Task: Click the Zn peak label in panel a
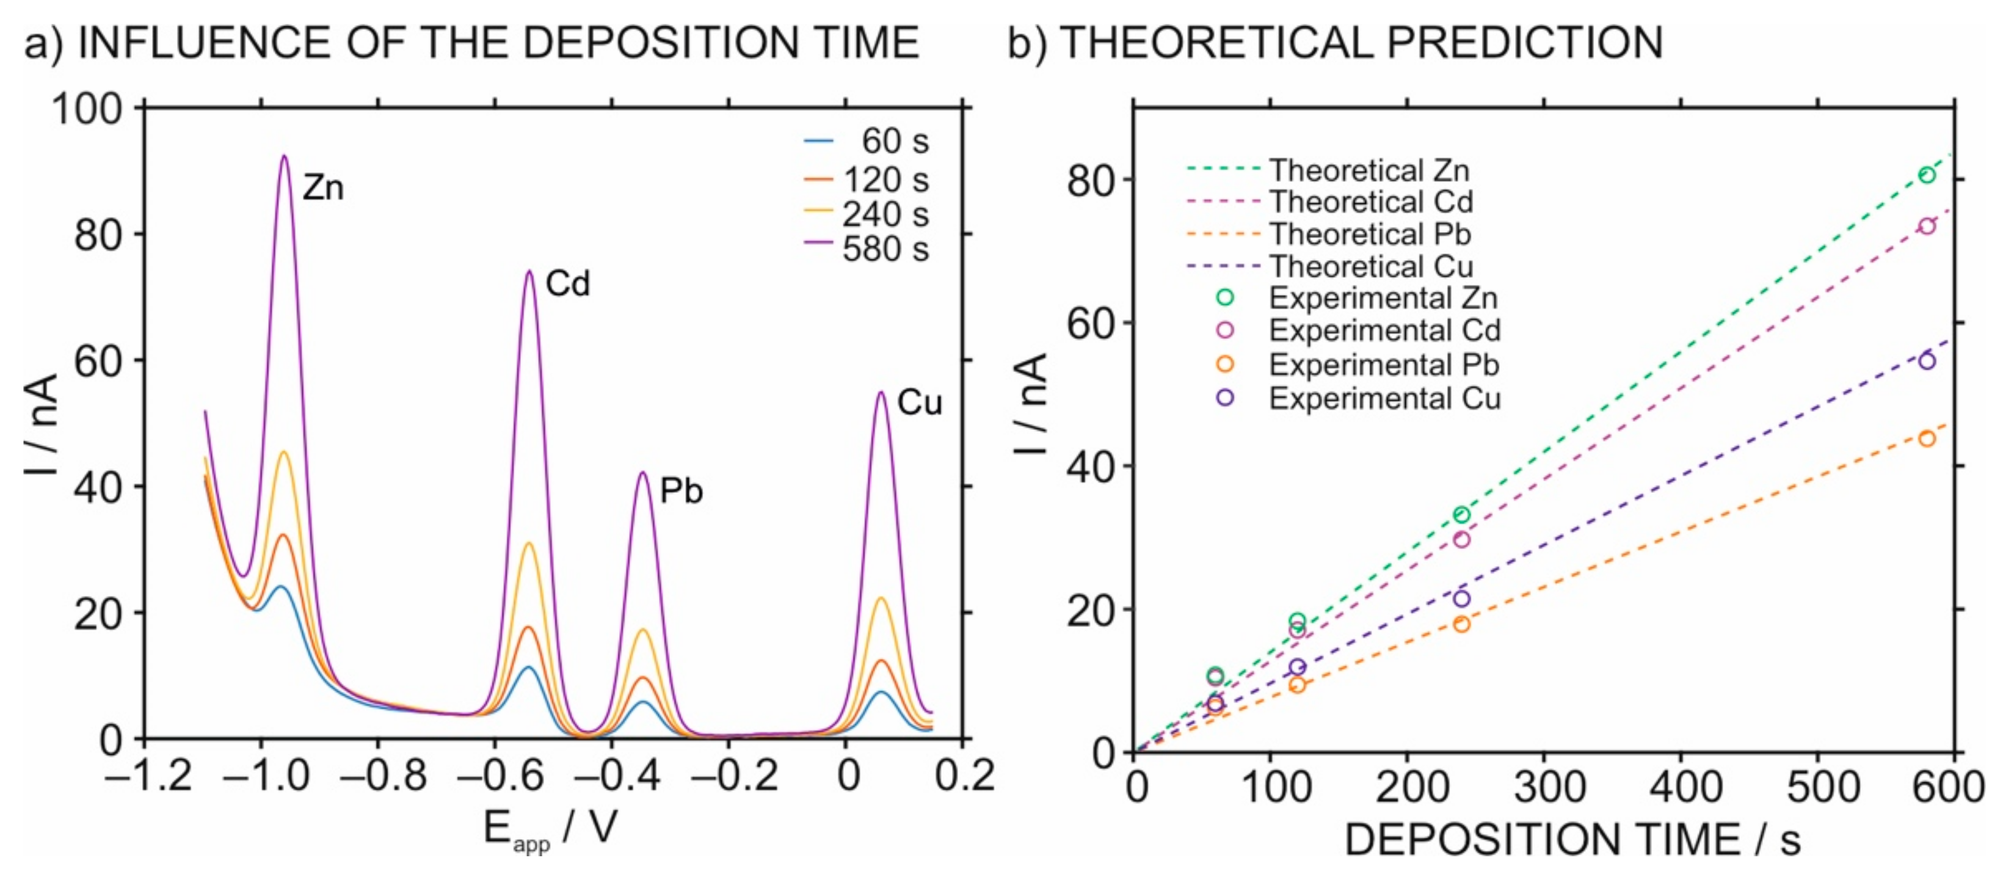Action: (x=322, y=187)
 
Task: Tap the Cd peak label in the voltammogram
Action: (x=568, y=284)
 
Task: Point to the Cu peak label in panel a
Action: (x=919, y=402)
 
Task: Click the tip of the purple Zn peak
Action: (x=285, y=156)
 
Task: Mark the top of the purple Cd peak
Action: (x=529, y=271)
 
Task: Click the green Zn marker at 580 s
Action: (x=1927, y=175)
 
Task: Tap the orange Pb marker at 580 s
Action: (x=1927, y=438)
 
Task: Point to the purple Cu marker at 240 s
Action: (x=1462, y=598)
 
